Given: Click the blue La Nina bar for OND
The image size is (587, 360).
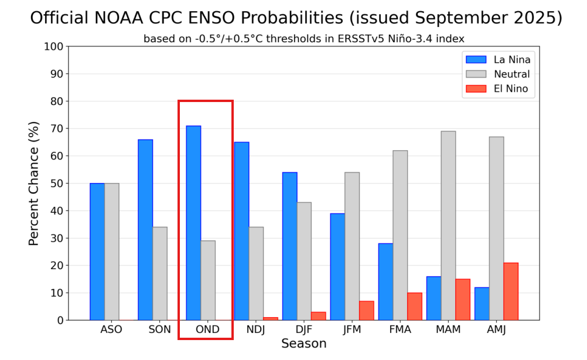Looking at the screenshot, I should pyautogui.click(x=193, y=223).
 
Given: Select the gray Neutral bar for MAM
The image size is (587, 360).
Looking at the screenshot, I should pyautogui.click(x=448, y=226).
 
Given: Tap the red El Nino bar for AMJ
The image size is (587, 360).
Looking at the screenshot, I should pyautogui.click(x=511, y=291).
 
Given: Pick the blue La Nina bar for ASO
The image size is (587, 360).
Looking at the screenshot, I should pyautogui.click(x=97, y=252).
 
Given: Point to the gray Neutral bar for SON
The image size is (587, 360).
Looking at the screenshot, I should pyautogui.click(x=160, y=273).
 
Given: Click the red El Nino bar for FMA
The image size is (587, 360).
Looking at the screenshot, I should pyautogui.click(x=415, y=306).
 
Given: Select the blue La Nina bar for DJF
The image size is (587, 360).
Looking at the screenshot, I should pyautogui.click(x=289, y=246).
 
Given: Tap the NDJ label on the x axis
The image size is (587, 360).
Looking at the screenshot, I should pyautogui.click(x=255, y=330).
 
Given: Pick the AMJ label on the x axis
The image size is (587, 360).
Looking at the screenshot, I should pyautogui.click(x=496, y=330).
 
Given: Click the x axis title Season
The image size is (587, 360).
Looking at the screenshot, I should pyautogui.click(x=303, y=344).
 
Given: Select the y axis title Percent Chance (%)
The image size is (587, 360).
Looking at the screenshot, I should pyautogui.click(x=34, y=184).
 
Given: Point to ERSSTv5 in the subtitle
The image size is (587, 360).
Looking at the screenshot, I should pyautogui.click(x=360, y=39).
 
